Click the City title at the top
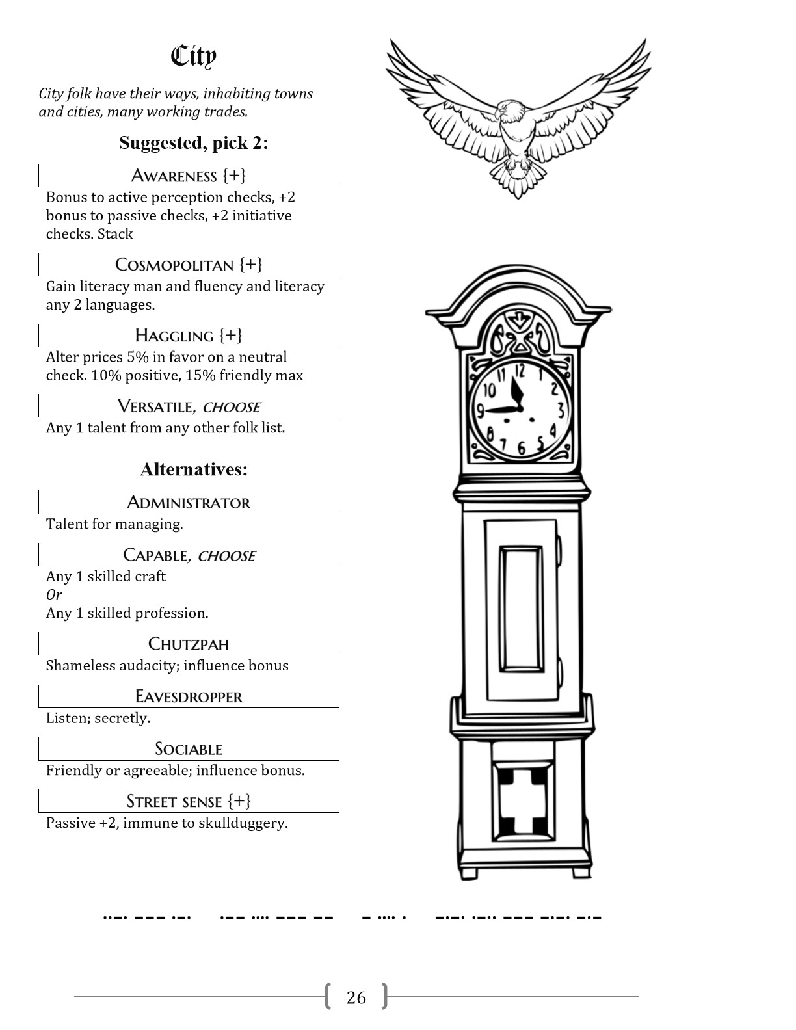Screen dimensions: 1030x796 click(x=193, y=57)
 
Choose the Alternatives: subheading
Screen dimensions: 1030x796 click(x=194, y=469)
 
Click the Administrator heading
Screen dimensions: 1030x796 click(x=189, y=503)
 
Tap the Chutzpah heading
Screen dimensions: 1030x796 click(x=189, y=644)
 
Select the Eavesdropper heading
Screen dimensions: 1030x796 click(x=189, y=696)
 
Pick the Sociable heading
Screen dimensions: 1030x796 click(x=189, y=749)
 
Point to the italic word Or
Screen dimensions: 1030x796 click(x=54, y=594)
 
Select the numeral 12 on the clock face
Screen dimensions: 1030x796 click(x=519, y=371)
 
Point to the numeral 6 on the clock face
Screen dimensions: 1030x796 click(x=522, y=448)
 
